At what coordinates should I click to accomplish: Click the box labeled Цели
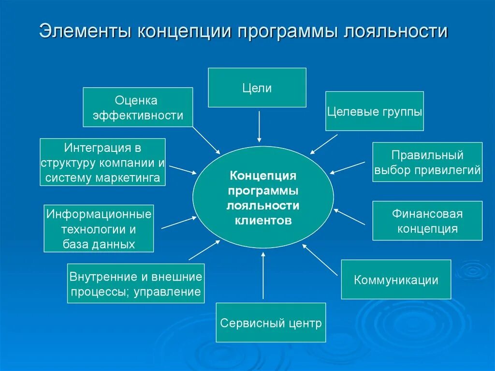pos(257,88)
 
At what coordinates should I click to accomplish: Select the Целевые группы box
pos(374,111)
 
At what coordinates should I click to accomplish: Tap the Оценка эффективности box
pos(138,107)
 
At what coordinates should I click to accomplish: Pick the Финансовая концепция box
pos(427,221)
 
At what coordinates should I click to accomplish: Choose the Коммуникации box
pos(396,280)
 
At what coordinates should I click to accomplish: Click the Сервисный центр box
pos(271,323)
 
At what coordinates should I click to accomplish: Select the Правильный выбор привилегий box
pos(427,162)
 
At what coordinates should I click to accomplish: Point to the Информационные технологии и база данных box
pos(99,229)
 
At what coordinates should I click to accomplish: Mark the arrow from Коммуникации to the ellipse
pos(320,259)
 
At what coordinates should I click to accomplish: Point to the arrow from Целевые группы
pos(323,144)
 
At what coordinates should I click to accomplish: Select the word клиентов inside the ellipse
pos(263,221)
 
